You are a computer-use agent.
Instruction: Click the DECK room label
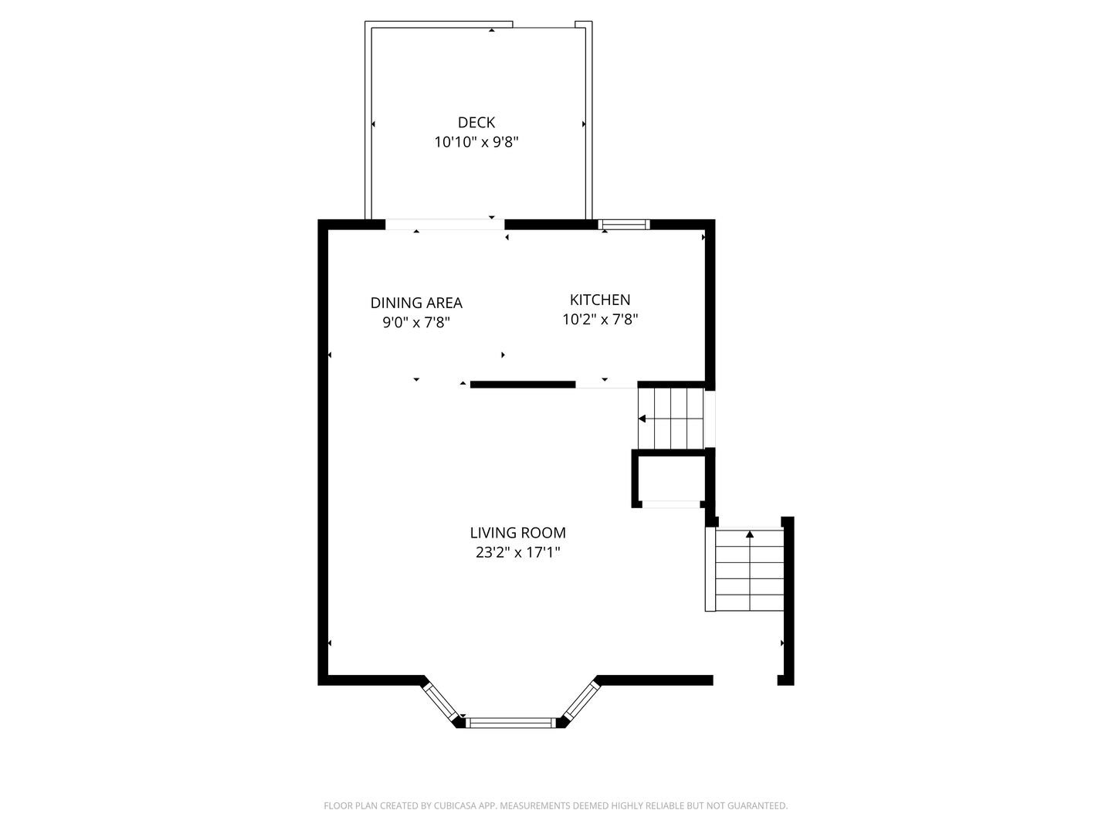point(476,123)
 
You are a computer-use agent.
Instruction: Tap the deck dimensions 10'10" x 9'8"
point(476,142)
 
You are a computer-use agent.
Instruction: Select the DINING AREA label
point(416,303)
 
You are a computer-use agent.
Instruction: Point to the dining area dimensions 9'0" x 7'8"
point(416,323)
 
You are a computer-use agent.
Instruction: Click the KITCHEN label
point(600,300)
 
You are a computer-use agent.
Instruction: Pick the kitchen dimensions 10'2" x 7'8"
point(600,320)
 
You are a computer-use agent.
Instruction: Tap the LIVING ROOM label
point(517,533)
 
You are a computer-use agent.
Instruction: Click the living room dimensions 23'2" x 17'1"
point(517,552)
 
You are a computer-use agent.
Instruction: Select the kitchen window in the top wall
point(624,224)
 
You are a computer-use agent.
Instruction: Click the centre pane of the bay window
point(510,723)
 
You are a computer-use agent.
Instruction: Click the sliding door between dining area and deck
point(445,224)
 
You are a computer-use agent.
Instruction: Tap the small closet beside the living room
point(671,479)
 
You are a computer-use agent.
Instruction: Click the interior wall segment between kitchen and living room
point(523,385)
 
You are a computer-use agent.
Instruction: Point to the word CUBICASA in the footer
point(455,805)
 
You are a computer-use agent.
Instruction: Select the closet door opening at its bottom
point(671,504)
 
